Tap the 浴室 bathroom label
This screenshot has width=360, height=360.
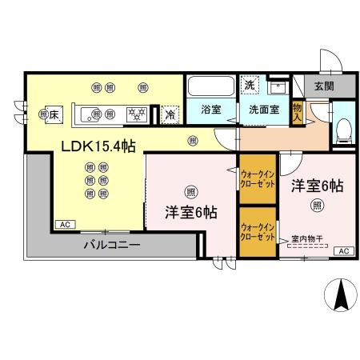210,110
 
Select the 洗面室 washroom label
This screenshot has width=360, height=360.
263,110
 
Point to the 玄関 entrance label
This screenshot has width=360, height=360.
324,86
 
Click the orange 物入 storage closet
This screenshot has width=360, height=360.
298,112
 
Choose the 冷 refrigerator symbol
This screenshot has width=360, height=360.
170,114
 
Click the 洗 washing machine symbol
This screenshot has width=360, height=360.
250,86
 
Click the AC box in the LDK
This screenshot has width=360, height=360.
63,225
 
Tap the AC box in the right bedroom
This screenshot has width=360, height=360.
344,251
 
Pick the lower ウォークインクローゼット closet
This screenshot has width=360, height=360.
257,232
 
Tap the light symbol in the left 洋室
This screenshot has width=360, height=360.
190,190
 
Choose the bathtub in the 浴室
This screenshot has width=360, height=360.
210,87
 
